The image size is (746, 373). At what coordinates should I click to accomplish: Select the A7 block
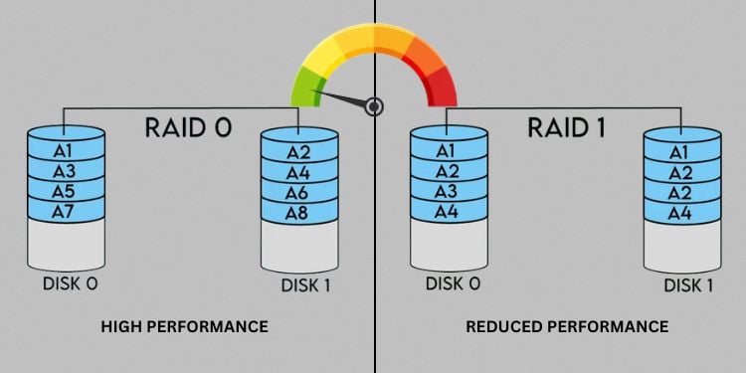click(x=65, y=211)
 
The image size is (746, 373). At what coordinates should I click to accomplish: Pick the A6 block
click(x=298, y=192)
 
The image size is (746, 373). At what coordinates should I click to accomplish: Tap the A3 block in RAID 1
click(x=448, y=191)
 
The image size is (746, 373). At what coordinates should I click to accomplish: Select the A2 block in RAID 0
click(x=298, y=152)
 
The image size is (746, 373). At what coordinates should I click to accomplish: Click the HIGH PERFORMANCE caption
click(x=184, y=326)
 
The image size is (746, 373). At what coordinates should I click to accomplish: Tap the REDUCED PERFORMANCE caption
click(x=568, y=326)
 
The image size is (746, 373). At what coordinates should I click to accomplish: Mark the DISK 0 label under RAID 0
click(x=70, y=283)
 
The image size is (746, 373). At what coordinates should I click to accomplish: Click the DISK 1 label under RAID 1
click(x=688, y=285)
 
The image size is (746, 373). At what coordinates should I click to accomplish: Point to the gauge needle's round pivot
click(x=374, y=106)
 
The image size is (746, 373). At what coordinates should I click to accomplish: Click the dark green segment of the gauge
click(x=300, y=92)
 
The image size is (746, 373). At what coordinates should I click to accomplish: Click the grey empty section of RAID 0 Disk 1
click(x=298, y=246)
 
